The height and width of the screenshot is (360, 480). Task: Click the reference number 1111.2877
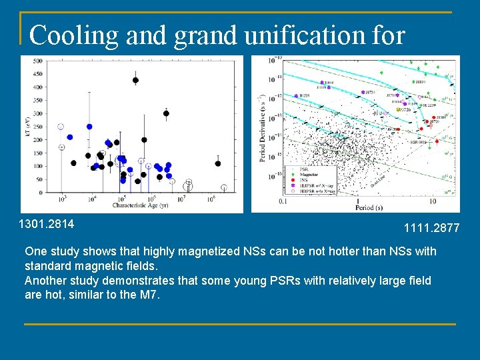tap(431, 228)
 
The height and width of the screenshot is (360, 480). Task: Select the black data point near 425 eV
tap(135, 81)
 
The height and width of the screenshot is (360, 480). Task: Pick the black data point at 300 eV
tap(166, 113)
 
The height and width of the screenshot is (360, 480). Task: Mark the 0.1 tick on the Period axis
tap(283, 201)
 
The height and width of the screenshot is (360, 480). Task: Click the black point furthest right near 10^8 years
tap(217, 163)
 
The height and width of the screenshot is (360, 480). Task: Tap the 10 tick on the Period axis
tap(432, 201)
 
